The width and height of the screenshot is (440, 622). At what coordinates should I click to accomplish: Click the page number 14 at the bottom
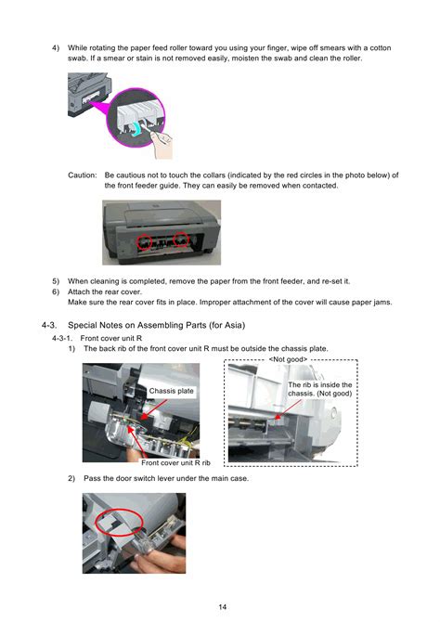pos(222,606)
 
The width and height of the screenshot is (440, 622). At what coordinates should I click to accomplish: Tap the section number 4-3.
pos(49,325)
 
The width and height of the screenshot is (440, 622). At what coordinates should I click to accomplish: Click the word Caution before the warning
pos(82,175)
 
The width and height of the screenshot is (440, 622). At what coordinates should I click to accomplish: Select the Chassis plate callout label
pos(171,391)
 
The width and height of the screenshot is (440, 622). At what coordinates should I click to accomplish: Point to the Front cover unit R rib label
pos(175,462)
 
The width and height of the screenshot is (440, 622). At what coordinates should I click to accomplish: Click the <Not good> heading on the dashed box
pos(288,359)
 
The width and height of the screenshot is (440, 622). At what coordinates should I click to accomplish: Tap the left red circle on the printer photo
pos(145,241)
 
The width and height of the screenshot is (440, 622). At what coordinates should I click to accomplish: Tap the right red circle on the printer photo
pos(181,240)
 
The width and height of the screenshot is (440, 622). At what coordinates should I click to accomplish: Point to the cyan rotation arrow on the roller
pos(136,129)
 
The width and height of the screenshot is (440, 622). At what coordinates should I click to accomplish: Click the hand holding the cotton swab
pos(162,144)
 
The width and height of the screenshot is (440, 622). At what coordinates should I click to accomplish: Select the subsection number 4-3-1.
pos(62,338)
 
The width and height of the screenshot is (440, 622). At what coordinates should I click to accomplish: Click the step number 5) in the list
pos(56,281)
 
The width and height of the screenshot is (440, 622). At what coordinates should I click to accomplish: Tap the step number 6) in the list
pos(56,292)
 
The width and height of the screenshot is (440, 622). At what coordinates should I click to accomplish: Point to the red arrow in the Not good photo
pos(288,409)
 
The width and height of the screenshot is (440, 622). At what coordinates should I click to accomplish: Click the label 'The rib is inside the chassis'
pos(319,389)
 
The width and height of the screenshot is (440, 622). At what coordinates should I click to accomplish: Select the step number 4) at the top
pos(56,48)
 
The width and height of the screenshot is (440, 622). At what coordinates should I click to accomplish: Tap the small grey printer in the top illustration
pos(89,95)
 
